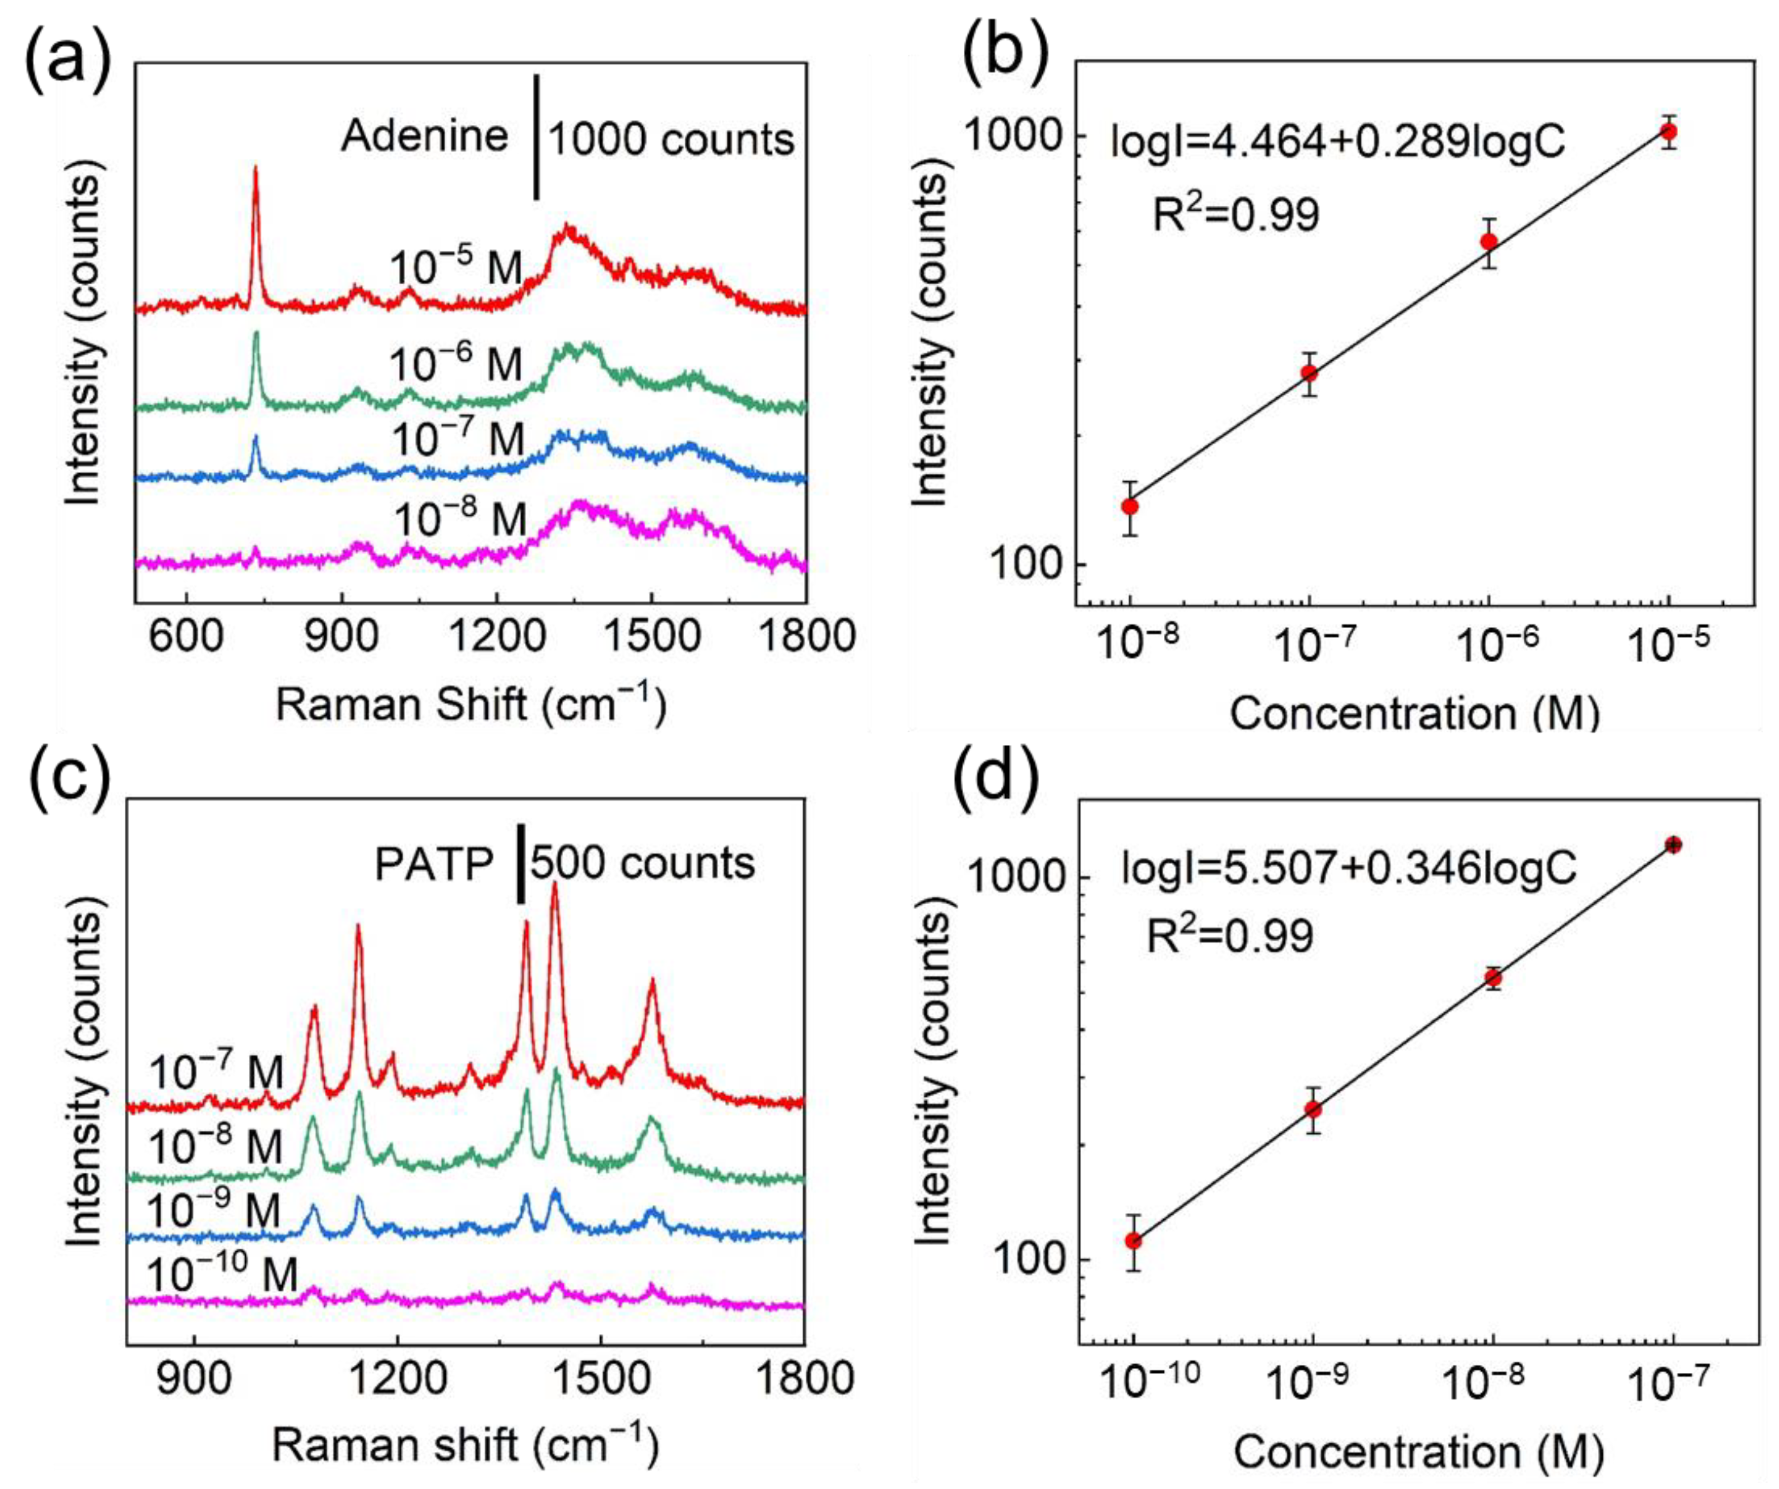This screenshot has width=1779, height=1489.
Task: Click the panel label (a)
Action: (x=68, y=63)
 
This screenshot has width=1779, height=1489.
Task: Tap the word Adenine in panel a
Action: (x=425, y=136)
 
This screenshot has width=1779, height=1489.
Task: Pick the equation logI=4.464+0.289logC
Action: (x=1337, y=142)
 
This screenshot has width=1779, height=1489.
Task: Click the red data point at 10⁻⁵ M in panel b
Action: (x=1669, y=131)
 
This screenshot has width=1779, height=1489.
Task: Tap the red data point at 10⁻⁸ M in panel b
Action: (x=1129, y=507)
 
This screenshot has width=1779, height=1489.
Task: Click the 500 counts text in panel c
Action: (x=642, y=863)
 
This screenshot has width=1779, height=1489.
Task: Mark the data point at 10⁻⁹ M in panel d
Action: (x=1313, y=1109)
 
